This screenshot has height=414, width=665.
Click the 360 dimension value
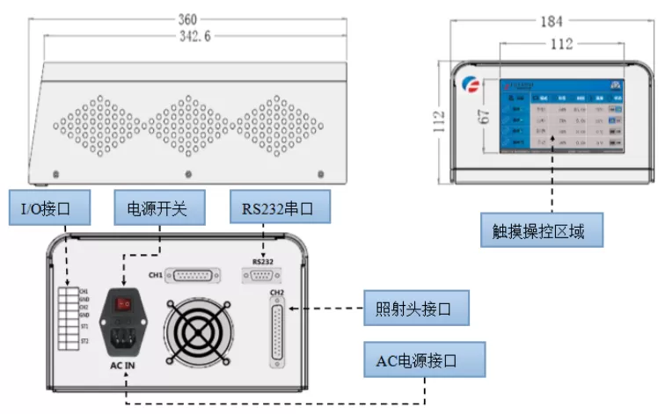pyautogui.click(x=186, y=18)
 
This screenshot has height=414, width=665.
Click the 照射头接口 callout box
pyautogui.click(x=417, y=309)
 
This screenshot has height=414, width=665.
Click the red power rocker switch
pyautogui.click(x=124, y=304)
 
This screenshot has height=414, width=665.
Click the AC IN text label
pyautogui.click(x=124, y=363)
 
